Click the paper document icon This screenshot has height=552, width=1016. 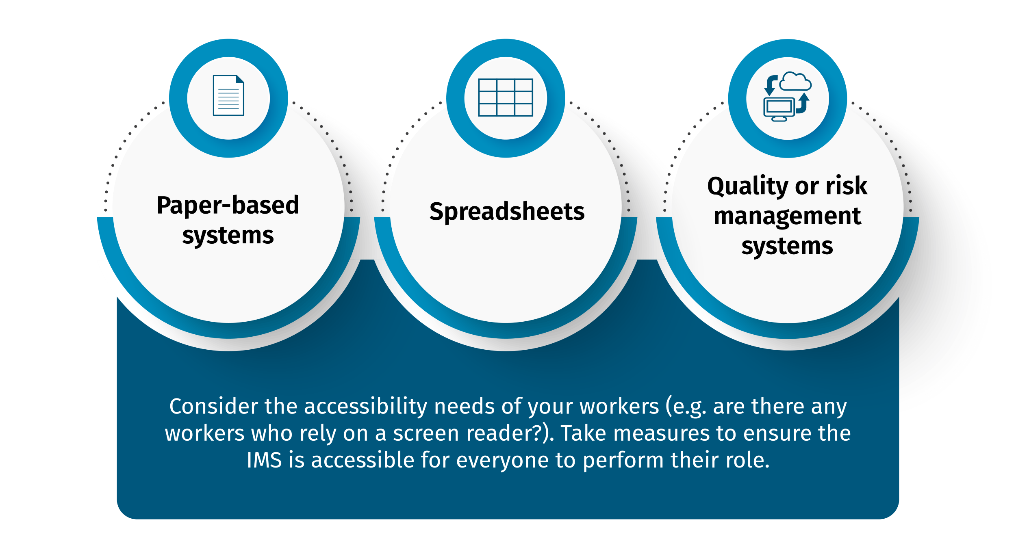pos(228,95)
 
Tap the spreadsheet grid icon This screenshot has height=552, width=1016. pos(506,97)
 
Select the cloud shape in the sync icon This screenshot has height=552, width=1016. pos(795,82)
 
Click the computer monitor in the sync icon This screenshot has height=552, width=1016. pos(779,108)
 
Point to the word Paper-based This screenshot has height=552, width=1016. pos(228,206)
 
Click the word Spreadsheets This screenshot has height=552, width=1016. pos(507,212)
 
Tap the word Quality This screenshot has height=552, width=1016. pos(747,186)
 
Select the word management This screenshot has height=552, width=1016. pos(787,216)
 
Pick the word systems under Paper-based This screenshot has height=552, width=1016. pos(228,236)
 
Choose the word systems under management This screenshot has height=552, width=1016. pos(787,246)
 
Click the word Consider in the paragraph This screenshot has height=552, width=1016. pos(213,407)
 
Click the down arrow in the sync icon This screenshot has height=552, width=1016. pos(769,86)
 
